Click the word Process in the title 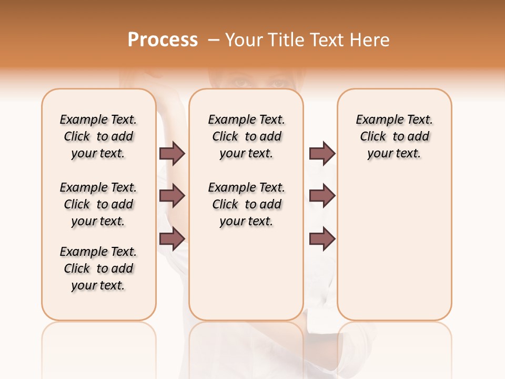click(163, 40)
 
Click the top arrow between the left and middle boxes click(172, 153)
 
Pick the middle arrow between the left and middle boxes click(172, 196)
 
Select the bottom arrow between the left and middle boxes click(172, 238)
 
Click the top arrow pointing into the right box click(322, 153)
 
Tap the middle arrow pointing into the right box click(322, 196)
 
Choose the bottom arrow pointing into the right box click(322, 238)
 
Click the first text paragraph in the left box click(98, 136)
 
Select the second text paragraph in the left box click(98, 204)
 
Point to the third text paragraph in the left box click(98, 268)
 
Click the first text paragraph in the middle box click(246, 136)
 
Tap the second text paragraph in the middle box click(246, 204)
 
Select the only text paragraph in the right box click(394, 136)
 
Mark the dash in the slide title click(214, 40)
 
